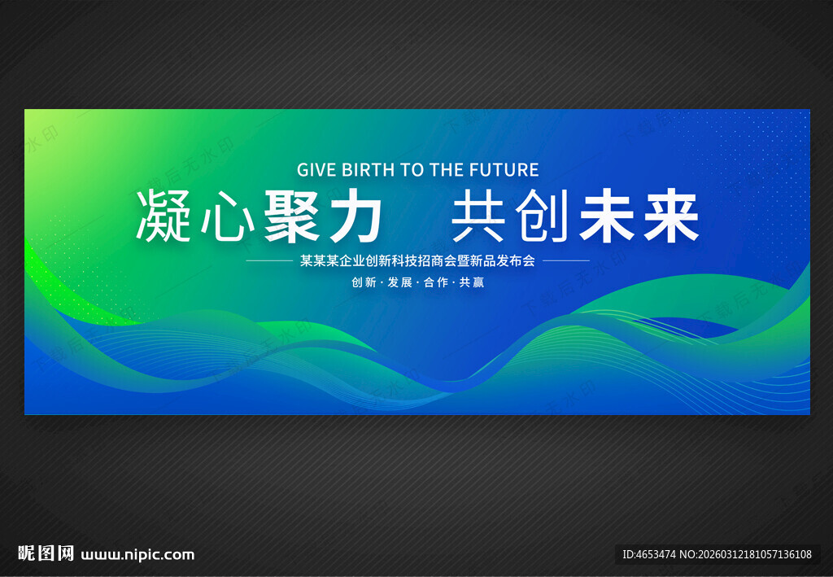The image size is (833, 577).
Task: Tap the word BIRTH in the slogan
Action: coord(369,170)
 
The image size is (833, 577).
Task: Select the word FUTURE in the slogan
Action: coord(507,170)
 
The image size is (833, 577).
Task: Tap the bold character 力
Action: coord(355,216)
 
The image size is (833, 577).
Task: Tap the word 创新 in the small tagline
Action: coord(364,283)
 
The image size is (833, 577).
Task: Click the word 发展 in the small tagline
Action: coord(399,283)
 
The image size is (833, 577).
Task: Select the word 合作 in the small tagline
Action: coord(436,283)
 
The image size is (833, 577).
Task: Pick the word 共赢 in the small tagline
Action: coord(472,283)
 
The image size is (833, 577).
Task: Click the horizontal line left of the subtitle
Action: coord(268,261)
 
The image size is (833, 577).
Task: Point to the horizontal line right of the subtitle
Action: coord(565,261)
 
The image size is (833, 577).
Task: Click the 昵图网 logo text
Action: coord(46,554)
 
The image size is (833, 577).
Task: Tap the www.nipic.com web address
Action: coord(138,555)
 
